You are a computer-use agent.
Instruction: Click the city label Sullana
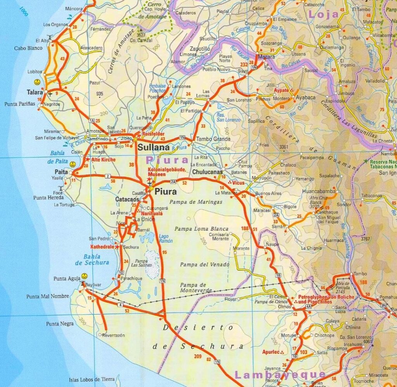[154, 147]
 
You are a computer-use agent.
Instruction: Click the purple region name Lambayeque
[280, 375]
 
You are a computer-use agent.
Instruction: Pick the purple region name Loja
[323, 14]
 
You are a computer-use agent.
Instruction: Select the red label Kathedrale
[102, 247]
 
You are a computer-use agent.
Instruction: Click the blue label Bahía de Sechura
[92, 259]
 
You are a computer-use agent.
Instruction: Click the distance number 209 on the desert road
[198, 356]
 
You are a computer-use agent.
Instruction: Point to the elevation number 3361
[284, 147]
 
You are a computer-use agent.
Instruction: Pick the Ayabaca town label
[306, 97]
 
